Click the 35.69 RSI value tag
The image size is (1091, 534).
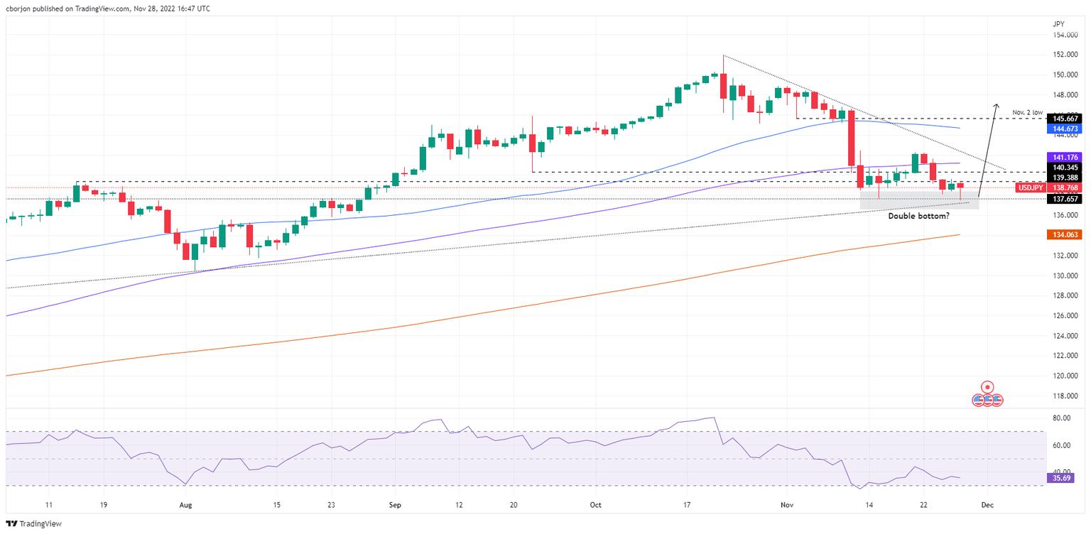coord(1063,479)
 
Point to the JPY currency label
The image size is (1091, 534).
coord(1058,23)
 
